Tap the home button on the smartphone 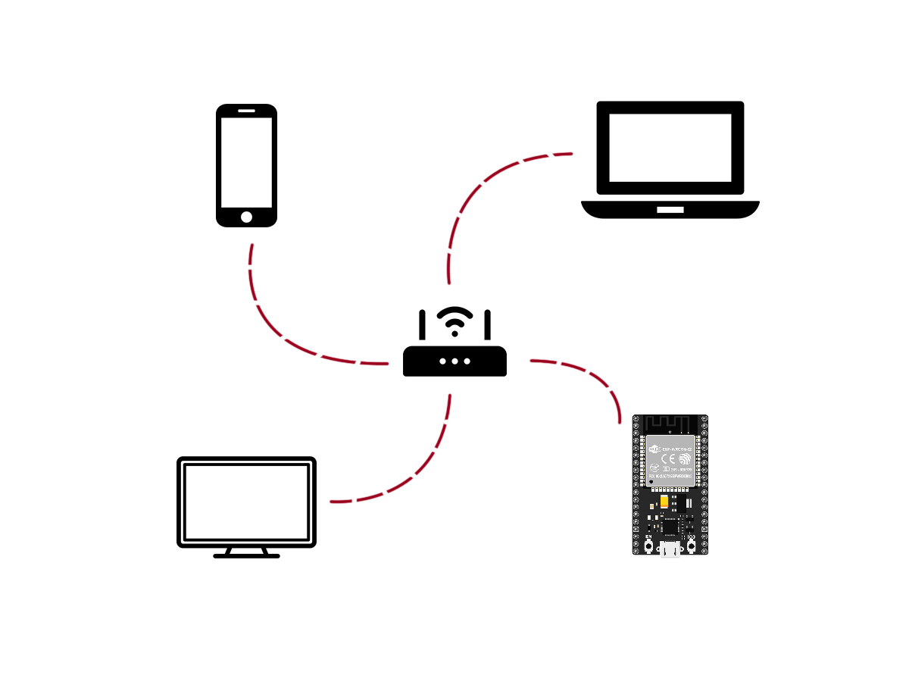pyautogui.click(x=246, y=217)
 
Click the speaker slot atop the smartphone pyautogui.click(x=246, y=111)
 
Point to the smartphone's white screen pyautogui.click(x=246, y=162)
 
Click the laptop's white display pyautogui.click(x=670, y=148)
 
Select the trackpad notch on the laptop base pyautogui.click(x=670, y=209)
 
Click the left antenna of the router pyautogui.click(x=422, y=324)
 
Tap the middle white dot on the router pyautogui.click(x=454, y=361)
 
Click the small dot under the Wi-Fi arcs pyautogui.click(x=454, y=333)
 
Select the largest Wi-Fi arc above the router pyautogui.click(x=454, y=311)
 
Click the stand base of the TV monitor pyautogui.click(x=246, y=555)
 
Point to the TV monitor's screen pyautogui.click(x=246, y=501)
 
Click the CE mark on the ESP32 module pyautogui.click(x=657, y=460)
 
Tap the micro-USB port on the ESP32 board pyautogui.click(x=670, y=550)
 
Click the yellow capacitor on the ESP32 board pyautogui.click(x=664, y=502)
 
